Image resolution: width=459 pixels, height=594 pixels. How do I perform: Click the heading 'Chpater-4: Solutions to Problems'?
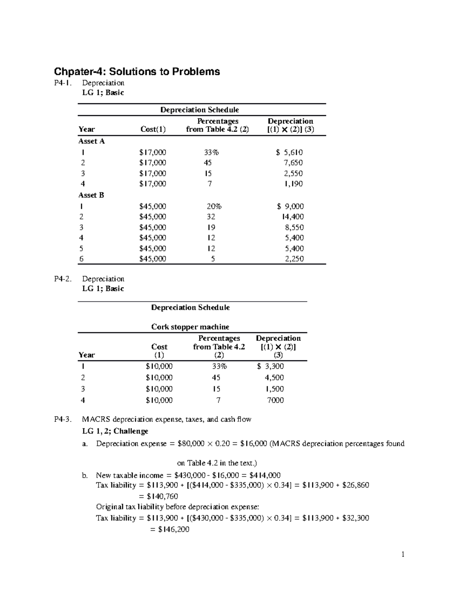coord(137,72)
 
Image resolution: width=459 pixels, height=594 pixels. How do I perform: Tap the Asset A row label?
coord(91,141)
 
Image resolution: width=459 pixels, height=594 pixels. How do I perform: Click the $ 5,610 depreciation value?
coord(290,152)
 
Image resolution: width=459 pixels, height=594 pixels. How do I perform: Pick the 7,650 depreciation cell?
coord(293,163)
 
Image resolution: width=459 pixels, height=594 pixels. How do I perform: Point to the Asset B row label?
coord(91,195)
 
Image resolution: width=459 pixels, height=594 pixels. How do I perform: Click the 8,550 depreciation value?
coord(293,227)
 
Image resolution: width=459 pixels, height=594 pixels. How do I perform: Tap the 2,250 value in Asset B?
coord(294,259)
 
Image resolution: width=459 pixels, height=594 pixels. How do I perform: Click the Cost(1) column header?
coord(153,129)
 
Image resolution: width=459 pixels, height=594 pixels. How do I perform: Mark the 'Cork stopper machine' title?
coord(190,327)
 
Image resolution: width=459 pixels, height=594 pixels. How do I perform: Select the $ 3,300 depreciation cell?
coord(270,366)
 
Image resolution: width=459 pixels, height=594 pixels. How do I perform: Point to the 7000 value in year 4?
coord(275,400)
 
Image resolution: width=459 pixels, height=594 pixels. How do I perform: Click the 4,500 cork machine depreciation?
coord(274,378)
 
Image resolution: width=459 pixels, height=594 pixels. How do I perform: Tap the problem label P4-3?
coord(62,419)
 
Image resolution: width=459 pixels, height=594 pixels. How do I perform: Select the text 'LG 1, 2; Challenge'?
coord(115,431)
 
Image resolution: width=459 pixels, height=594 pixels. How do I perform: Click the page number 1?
coord(403,555)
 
